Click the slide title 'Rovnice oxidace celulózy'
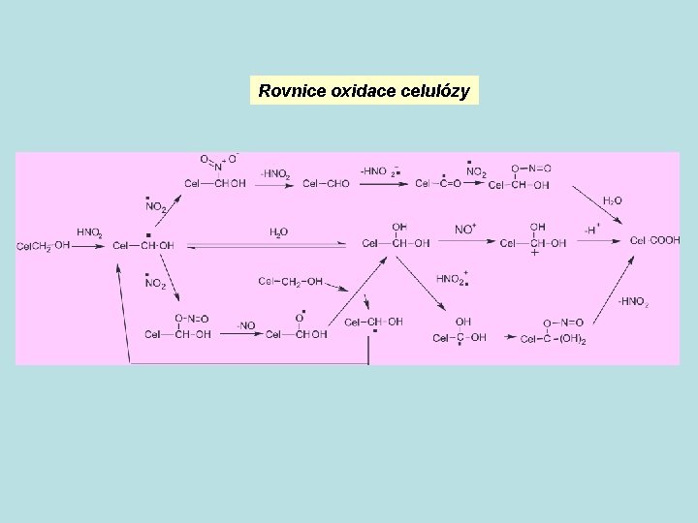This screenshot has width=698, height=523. click(365, 92)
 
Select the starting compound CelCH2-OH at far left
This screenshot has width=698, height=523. click(43, 246)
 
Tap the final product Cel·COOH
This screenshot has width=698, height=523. click(655, 240)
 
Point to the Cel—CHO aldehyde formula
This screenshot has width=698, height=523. click(325, 184)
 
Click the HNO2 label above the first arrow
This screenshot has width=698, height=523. click(89, 232)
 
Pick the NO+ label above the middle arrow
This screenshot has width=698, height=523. click(465, 230)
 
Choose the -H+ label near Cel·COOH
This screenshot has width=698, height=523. click(590, 230)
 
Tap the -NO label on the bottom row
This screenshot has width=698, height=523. click(246, 324)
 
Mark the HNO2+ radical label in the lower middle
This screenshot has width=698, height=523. click(451, 279)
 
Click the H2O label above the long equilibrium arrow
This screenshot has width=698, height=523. click(278, 232)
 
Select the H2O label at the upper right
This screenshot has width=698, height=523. click(613, 200)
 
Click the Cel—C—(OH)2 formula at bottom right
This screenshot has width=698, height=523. click(554, 339)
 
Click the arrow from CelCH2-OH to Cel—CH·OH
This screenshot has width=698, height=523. click(89, 247)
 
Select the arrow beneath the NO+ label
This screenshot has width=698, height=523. click(465, 244)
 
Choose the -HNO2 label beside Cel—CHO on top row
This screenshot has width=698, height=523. click(275, 174)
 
